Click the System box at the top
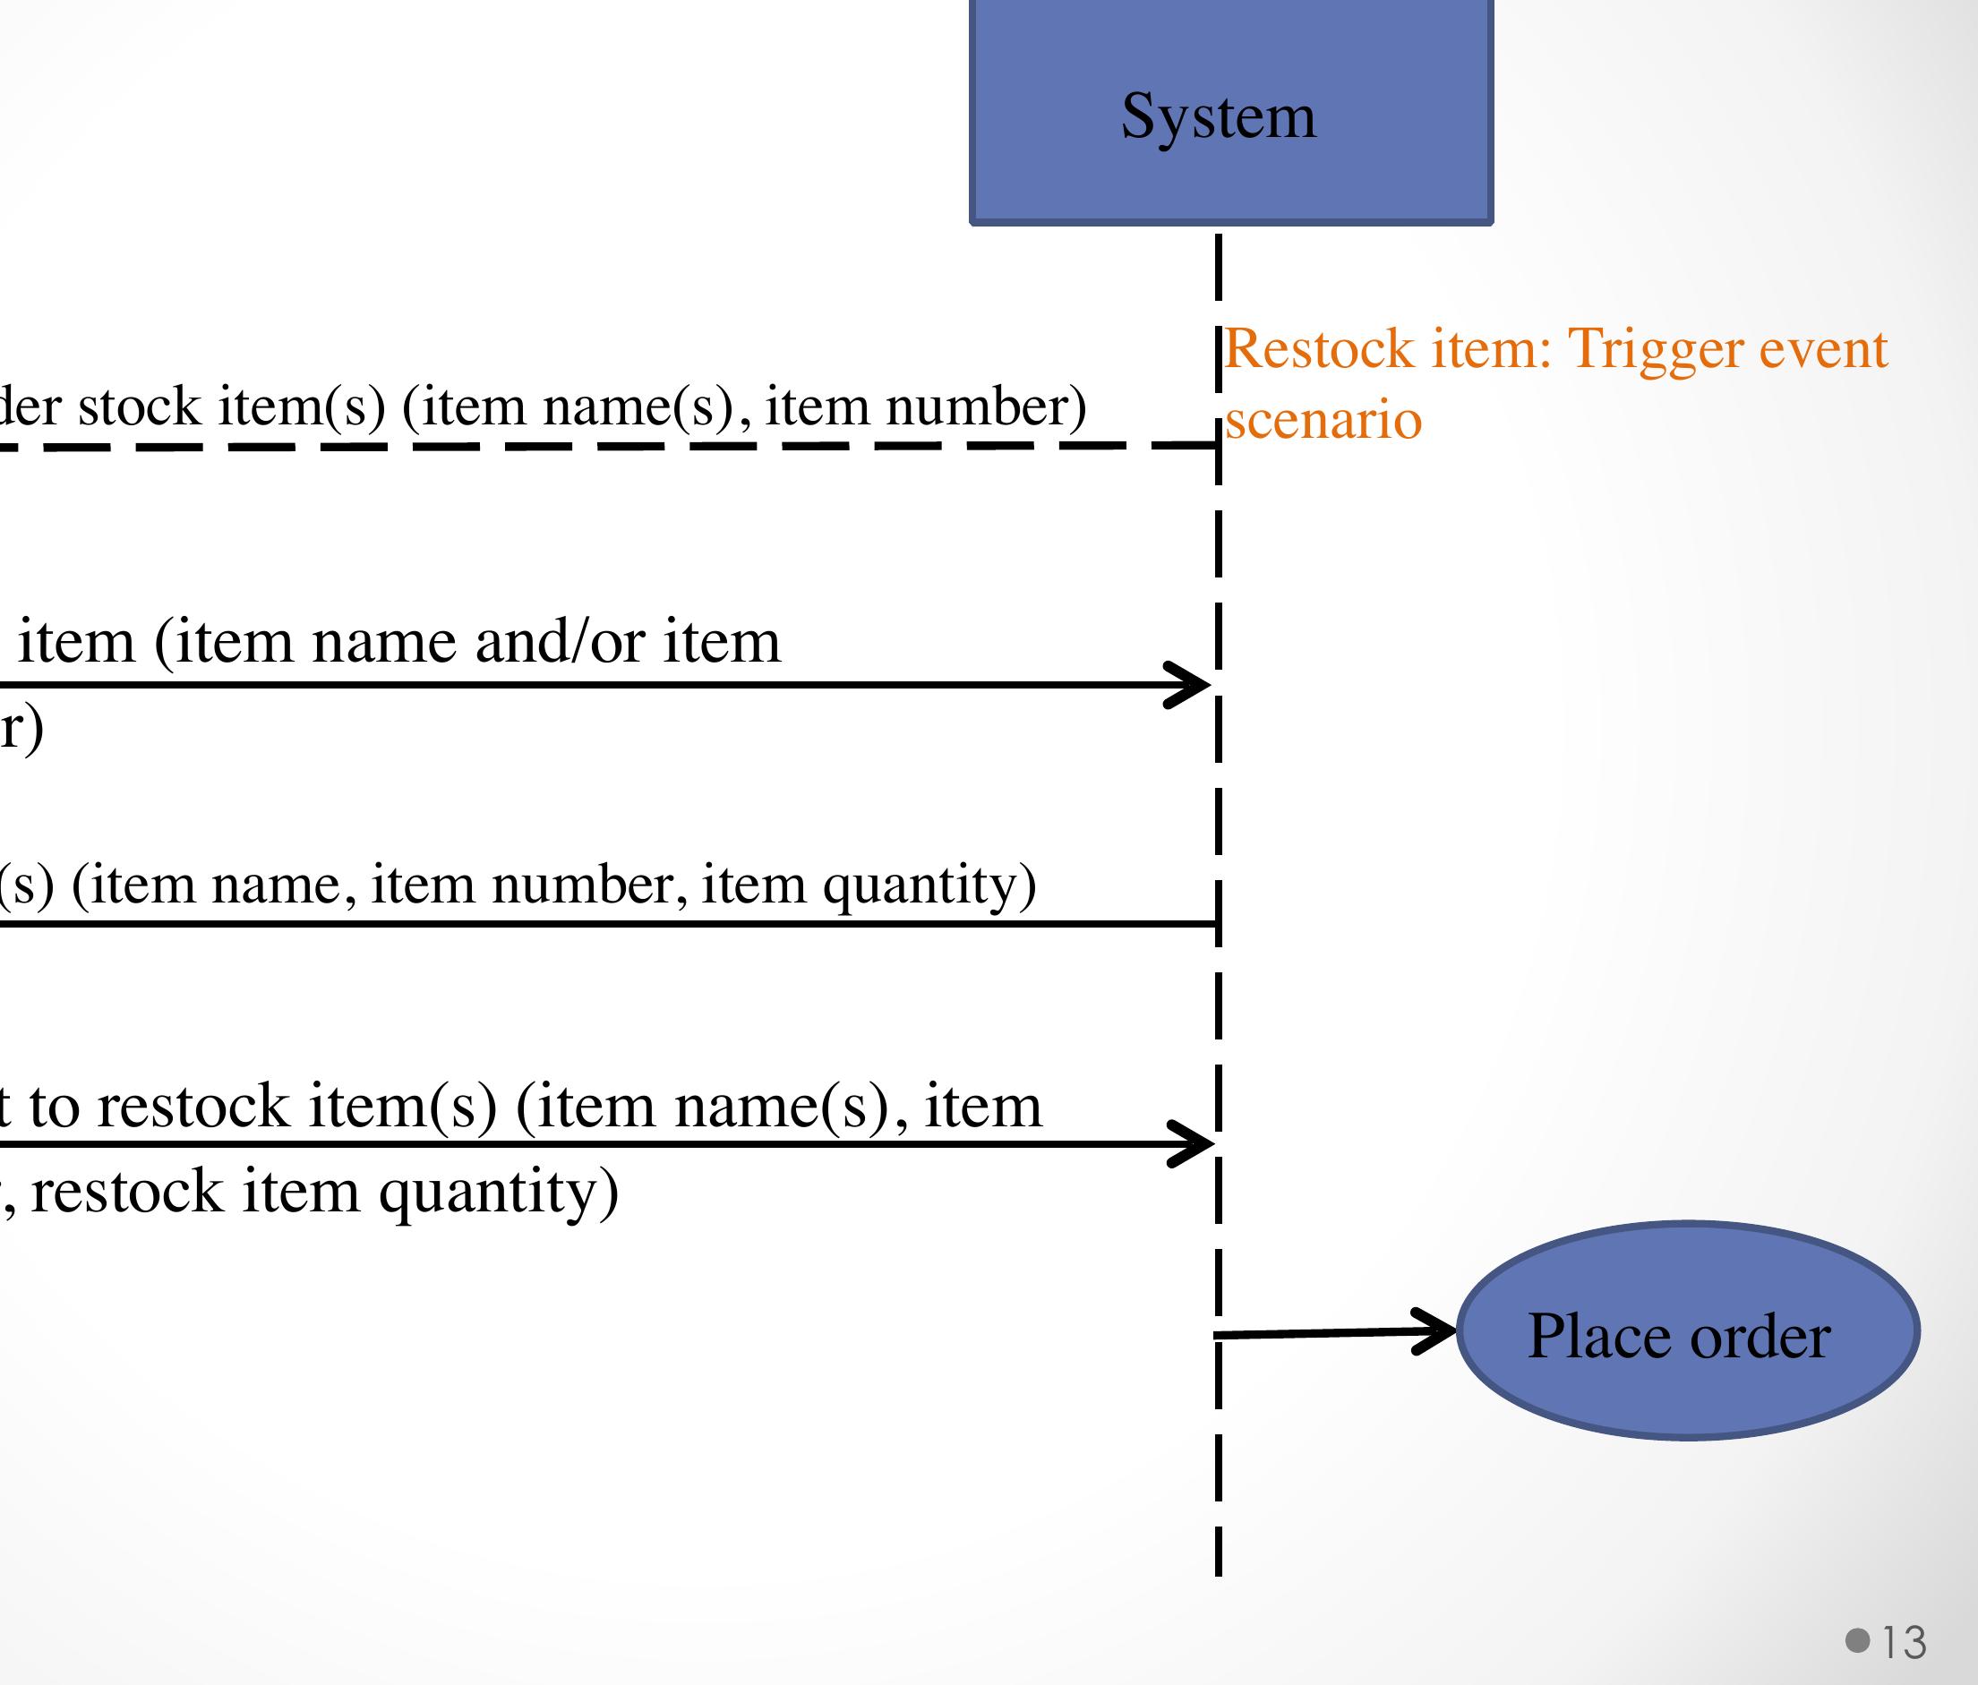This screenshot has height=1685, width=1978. pyautogui.click(x=1230, y=112)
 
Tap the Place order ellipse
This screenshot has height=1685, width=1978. pyautogui.click(x=1688, y=1330)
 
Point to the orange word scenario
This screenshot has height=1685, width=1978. pyautogui.click(x=1323, y=420)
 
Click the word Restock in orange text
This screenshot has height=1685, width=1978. pyautogui.click(x=1318, y=348)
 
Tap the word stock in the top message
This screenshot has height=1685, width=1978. pyautogui.click(x=139, y=406)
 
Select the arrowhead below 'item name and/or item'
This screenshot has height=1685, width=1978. pyautogui.click(x=1187, y=685)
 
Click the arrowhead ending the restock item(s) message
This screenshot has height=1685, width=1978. pyautogui.click(x=1189, y=1143)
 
